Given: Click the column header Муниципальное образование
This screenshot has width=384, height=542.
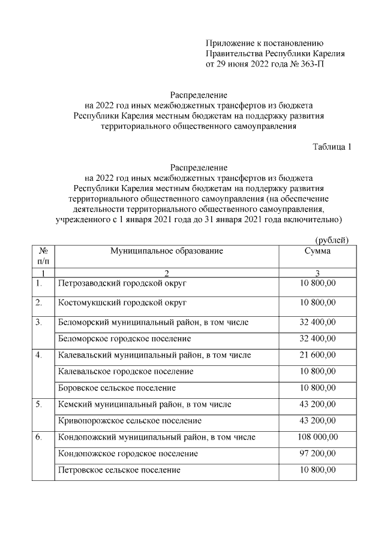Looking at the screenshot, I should point(166,251).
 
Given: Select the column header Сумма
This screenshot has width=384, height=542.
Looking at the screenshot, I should point(317,251).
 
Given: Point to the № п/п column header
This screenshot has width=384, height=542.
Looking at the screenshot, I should point(43,256).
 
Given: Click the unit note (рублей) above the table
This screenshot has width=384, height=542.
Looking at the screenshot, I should point(332,240).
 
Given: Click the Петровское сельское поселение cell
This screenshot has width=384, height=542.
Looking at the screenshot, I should point(119,470).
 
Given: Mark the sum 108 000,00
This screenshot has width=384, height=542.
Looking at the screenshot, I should point(317,437).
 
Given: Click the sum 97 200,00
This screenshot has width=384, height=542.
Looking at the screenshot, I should point(317,453).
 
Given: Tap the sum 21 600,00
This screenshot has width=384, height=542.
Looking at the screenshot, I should point(317,355).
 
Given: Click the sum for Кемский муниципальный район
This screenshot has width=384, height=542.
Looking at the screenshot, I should point(317,404).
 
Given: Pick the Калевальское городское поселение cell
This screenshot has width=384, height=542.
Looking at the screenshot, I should point(125,371).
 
